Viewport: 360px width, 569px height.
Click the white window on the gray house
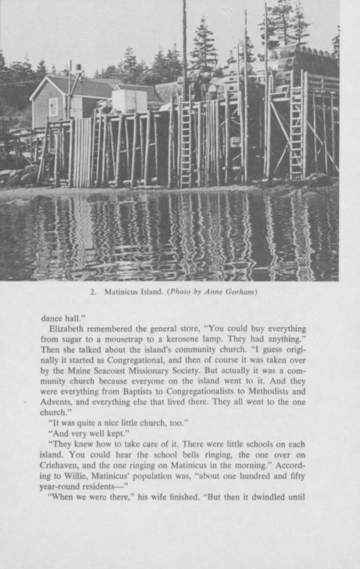click(x=53, y=106)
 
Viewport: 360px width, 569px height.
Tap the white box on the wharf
click(x=129, y=101)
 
